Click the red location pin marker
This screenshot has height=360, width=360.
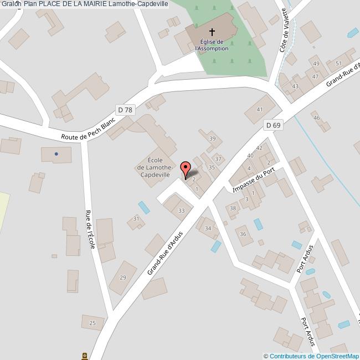tap(186, 169)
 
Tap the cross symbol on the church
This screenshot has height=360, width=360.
tap(212, 32)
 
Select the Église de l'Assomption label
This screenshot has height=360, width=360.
tap(212, 45)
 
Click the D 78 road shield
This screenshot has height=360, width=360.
tap(125, 110)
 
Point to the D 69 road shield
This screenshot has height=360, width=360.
tap(273, 126)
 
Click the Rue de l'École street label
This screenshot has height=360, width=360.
tap(90, 229)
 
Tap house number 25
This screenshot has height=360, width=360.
tap(92, 323)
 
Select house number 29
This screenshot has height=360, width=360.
tap(123, 277)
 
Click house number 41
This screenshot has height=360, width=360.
tap(259, 110)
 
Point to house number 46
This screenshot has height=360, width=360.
tap(317, 118)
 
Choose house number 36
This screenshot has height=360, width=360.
tap(243, 234)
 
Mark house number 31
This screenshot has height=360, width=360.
tap(136, 219)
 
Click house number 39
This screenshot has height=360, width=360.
tap(212, 139)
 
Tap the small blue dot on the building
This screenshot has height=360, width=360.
tap(56, 154)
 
